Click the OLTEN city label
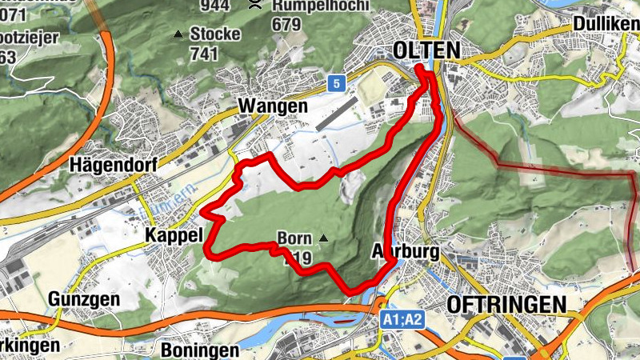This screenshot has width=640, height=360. tap(426, 50)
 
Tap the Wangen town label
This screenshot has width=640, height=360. tap(273, 106)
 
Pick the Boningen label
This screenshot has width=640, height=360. tap(200, 350)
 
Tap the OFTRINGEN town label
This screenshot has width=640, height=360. tap(506, 304)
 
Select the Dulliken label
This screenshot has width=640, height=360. tap(606, 25)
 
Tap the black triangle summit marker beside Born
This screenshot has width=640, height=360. tap(323, 238)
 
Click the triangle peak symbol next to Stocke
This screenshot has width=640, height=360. tap(178, 34)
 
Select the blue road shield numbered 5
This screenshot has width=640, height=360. tap(337, 82)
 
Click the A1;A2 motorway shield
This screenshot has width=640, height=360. tap(402, 320)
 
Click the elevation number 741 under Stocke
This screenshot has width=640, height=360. tap(205, 54)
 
